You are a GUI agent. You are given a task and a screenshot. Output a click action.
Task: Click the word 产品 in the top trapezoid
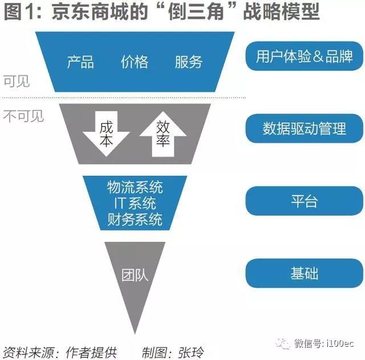[x=80, y=62]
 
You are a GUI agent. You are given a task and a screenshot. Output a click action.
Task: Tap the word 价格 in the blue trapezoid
[x=135, y=62]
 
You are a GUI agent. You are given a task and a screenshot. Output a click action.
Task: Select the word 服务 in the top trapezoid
[x=188, y=62]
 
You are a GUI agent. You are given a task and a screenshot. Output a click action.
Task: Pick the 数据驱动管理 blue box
[x=304, y=128]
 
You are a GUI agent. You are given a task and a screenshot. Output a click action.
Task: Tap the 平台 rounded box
[x=304, y=201]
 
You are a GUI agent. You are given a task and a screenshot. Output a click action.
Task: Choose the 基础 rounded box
[x=304, y=273]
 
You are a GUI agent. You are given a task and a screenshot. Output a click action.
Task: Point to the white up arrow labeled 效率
[x=163, y=134]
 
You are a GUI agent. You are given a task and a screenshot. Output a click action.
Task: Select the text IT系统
[x=135, y=203]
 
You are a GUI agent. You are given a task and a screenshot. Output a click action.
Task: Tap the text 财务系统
[x=135, y=219]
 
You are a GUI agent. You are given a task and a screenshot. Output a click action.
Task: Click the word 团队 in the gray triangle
[x=135, y=274]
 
